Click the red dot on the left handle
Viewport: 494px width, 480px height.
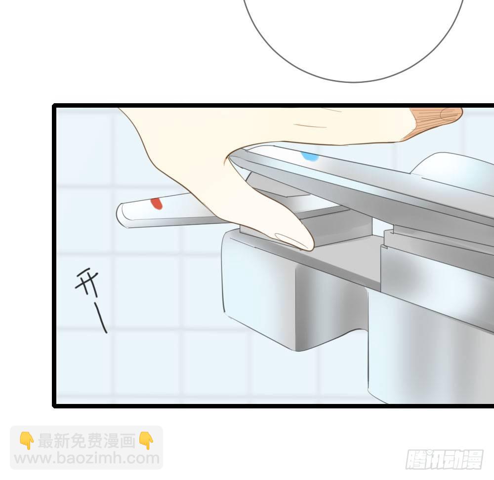click(x=157, y=203)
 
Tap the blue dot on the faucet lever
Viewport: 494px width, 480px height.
click(x=310, y=156)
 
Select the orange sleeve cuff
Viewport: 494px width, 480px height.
click(x=436, y=123)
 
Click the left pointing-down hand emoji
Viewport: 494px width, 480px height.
click(x=27, y=440)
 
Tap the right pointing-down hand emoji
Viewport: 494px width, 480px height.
click(x=146, y=440)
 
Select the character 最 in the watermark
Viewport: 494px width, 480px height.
click(x=46, y=440)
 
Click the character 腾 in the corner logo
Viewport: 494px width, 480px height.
click(x=415, y=460)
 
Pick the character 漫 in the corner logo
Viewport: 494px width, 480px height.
click(x=473, y=460)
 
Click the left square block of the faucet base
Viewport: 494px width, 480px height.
click(x=258, y=283)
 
